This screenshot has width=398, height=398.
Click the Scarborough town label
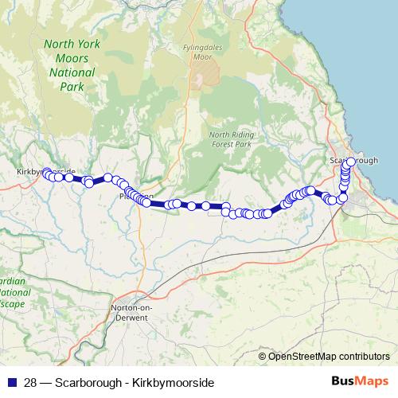pyautogui.click(x=353, y=159)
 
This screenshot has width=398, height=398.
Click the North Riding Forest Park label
pyautogui.click(x=230, y=140)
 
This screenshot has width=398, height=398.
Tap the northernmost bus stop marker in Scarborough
pyautogui.click(x=350, y=162)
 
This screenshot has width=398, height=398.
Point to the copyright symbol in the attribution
pyautogui.click(x=262, y=356)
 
